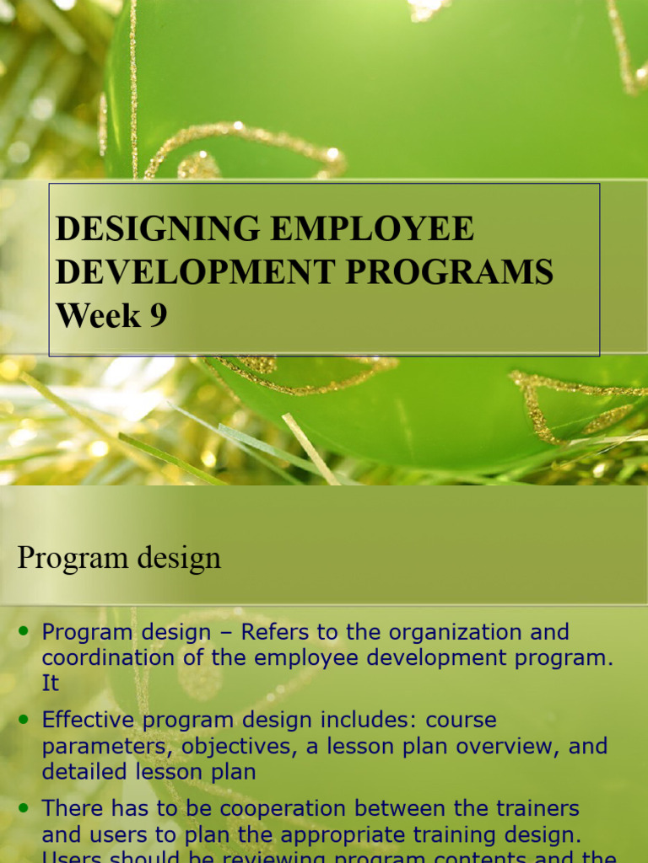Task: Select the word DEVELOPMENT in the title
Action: [x=186, y=272]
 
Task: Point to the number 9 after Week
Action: [x=159, y=316]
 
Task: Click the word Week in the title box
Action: [x=98, y=316]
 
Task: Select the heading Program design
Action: [x=119, y=557]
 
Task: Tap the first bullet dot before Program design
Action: [x=24, y=630]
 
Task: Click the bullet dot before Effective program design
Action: [x=24, y=719]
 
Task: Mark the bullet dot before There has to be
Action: [x=24, y=807]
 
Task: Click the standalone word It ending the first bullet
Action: [x=51, y=683]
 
